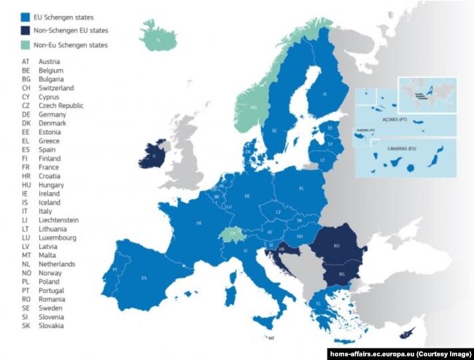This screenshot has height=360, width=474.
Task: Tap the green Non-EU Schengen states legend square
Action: [x=25, y=44]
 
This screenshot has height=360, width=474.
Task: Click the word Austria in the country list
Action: [x=50, y=62]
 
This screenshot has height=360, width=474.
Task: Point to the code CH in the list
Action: [x=26, y=88]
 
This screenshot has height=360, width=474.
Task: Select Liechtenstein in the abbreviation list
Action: [x=60, y=219]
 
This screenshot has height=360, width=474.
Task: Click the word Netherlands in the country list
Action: [x=58, y=263]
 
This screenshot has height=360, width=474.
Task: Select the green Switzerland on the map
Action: [x=231, y=234]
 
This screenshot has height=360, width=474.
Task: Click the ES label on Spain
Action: [x=144, y=277]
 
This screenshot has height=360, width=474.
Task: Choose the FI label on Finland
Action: [x=325, y=94]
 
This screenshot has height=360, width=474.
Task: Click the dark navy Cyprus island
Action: [x=410, y=333]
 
